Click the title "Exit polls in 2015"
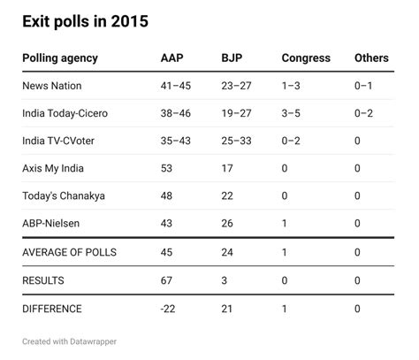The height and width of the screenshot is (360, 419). (x=86, y=20)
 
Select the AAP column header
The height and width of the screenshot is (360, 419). (x=172, y=58)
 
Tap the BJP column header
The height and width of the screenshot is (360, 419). (x=232, y=58)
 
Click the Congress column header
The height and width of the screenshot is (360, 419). (x=305, y=58)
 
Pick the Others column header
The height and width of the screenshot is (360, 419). (x=371, y=58)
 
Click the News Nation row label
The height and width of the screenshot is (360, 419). (x=54, y=86)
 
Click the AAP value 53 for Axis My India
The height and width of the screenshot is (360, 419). (x=167, y=168)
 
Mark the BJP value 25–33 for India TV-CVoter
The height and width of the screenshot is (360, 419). (x=237, y=141)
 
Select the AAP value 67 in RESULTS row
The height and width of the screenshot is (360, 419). (x=167, y=280)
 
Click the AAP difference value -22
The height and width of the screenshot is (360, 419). (x=169, y=309)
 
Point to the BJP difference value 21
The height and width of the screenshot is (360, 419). (x=227, y=309)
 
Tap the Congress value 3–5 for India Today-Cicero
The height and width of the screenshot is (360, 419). (x=292, y=113)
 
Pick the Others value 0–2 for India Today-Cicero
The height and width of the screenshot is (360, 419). (x=363, y=113)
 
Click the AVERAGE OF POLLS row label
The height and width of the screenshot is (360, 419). (x=70, y=253)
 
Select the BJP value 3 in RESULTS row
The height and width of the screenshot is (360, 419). (x=225, y=280)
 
